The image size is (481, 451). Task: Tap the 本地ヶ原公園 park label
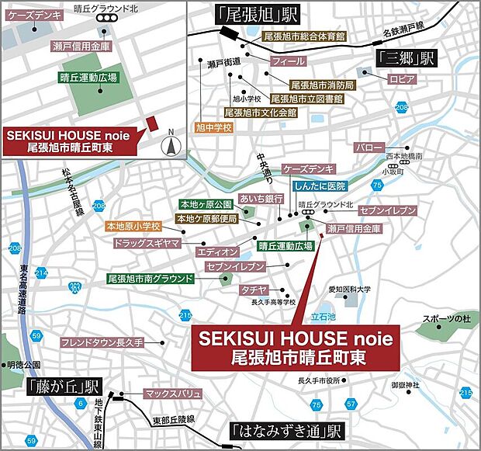click(x=206, y=204)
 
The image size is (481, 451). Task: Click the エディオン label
click(x=217, y=252)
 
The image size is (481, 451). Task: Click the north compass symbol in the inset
click(x=171, y=144)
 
